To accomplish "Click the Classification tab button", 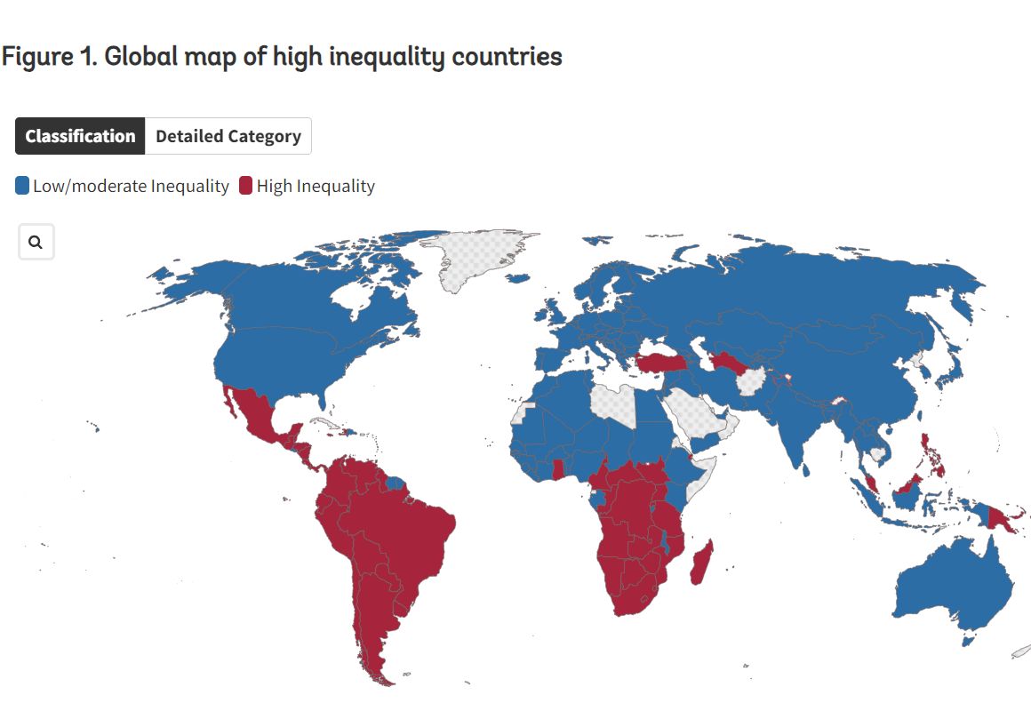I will point(80,136).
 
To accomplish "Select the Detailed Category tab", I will point(228,136).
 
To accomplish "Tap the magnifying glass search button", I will point(36,242).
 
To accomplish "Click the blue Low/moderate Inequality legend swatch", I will point(22,187).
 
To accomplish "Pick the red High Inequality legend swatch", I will point(245,187).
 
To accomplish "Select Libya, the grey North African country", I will point(613,404).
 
